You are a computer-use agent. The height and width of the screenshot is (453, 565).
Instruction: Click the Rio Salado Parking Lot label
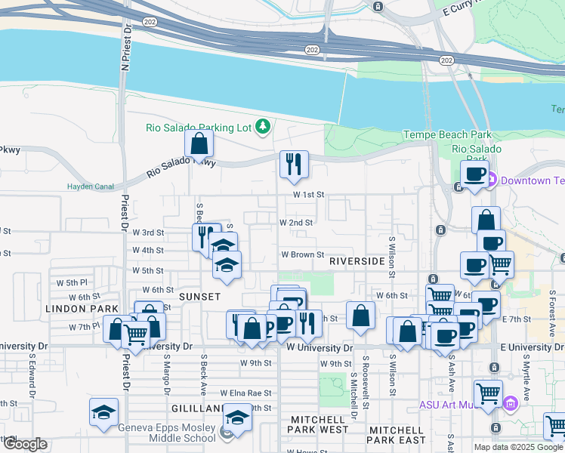198,128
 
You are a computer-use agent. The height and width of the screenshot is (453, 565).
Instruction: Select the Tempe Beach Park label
447,135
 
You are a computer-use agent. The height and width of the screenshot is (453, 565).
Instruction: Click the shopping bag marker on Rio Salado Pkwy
198,144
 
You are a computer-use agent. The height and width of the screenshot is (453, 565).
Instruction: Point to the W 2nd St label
296,223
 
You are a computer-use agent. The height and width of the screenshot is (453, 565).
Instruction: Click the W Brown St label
303,255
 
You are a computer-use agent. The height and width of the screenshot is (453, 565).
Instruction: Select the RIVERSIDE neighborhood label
357,260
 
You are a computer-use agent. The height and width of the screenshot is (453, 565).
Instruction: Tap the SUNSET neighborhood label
199,297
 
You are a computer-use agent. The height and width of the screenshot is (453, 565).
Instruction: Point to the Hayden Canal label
90,186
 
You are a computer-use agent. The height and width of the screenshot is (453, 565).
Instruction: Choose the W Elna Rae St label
245,393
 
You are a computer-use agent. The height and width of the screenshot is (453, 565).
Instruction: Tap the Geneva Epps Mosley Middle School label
167,431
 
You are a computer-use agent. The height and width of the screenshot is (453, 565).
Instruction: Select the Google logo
24,445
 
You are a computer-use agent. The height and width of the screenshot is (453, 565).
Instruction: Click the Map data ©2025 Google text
519,447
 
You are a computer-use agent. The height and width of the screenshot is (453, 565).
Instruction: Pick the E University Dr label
532,347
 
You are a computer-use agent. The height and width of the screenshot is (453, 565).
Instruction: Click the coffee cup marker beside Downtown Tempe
475,175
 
